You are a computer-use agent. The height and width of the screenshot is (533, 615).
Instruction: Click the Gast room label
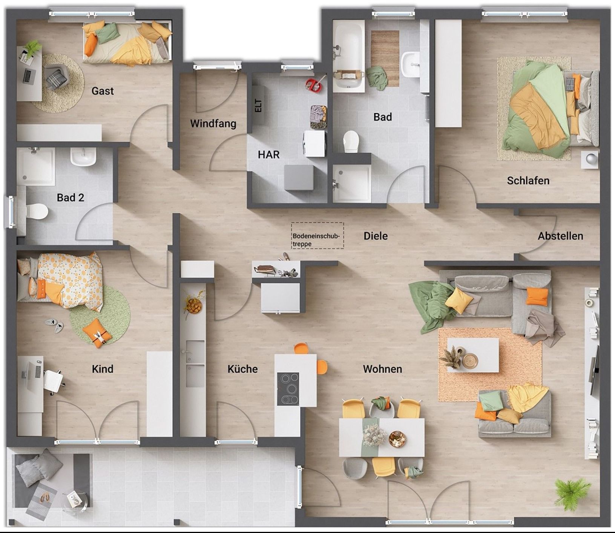tap(103, 91)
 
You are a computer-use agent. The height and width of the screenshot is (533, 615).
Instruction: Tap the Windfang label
tap(213, 124)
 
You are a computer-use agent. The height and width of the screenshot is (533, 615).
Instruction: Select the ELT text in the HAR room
tap(258, 105)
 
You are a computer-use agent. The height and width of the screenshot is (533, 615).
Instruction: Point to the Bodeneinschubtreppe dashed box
tap(317, 236)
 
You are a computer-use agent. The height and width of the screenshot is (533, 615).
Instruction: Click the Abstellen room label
tap(560, 236)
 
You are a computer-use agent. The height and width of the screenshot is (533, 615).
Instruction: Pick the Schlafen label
tap(528, 181)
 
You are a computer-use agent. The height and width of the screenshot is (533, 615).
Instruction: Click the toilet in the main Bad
tap(351, 141)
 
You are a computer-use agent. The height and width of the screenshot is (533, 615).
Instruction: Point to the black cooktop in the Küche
tap(288, 389)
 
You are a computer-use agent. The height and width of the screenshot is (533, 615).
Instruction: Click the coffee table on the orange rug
tap(473, 355)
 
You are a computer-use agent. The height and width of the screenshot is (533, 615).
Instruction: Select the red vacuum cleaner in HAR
tap(314, 85)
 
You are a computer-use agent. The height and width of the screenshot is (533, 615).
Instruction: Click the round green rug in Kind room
tap(100, 316)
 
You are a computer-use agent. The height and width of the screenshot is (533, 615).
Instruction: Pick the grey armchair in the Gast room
tap(57, 78)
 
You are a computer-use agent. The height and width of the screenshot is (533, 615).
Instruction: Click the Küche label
tap(242, 369)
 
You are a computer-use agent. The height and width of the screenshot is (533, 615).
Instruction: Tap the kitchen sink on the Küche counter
tap(195, 364)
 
